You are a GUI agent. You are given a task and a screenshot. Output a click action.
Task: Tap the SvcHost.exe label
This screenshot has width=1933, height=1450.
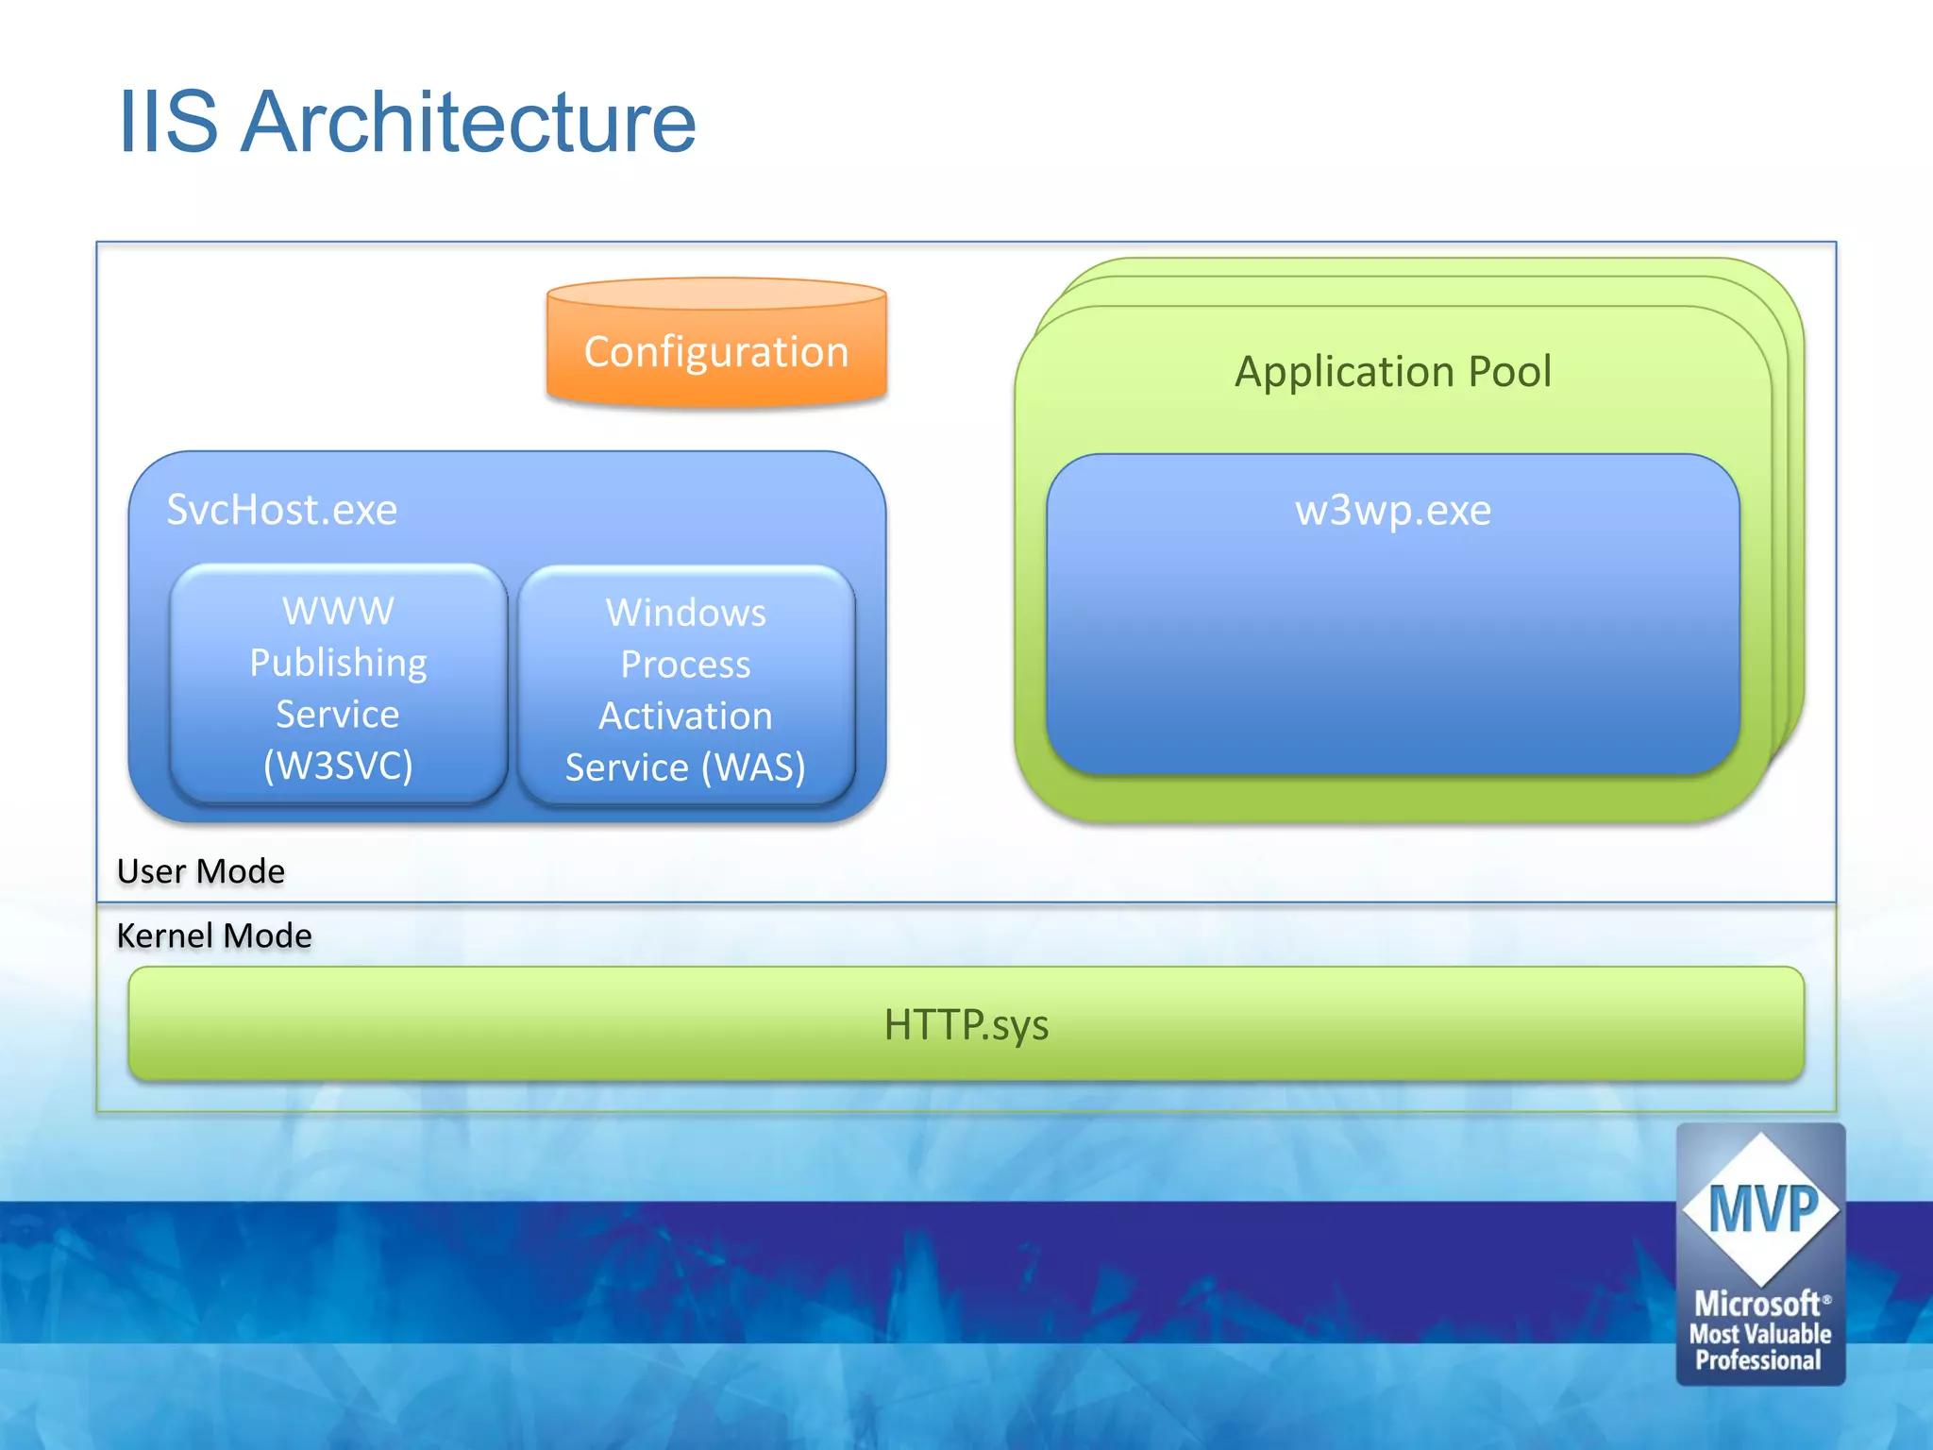[281, 510]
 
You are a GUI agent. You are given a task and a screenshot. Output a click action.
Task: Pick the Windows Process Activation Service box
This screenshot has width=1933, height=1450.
[686, 688]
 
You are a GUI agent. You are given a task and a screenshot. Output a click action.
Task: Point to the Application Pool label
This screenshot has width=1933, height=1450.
[1393, 371]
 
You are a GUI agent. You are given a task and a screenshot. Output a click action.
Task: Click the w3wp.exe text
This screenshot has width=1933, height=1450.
[1393, 511]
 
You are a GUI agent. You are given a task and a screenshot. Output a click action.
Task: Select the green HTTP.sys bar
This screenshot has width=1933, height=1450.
[966, 1024]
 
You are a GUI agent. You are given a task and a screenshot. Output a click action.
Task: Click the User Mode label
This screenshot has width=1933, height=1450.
[201, 870]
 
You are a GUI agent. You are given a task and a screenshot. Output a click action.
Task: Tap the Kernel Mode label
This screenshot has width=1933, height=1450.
[214, 936]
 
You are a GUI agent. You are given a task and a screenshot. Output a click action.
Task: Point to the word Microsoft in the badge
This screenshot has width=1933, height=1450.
[1757, 1304]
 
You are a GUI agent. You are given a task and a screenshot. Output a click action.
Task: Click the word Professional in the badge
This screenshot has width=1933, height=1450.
[1758, 1360]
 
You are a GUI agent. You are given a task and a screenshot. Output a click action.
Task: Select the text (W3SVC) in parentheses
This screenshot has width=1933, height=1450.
[338, 765]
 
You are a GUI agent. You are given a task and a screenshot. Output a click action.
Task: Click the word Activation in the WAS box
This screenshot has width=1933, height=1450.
[686, 716]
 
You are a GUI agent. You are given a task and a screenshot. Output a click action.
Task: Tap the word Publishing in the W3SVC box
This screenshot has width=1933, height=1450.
[338, 663]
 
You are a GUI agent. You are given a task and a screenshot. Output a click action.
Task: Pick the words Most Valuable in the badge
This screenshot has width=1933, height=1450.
[1760, 1334]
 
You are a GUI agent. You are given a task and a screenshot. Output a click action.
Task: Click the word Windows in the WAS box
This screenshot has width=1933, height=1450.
[686, 613]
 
